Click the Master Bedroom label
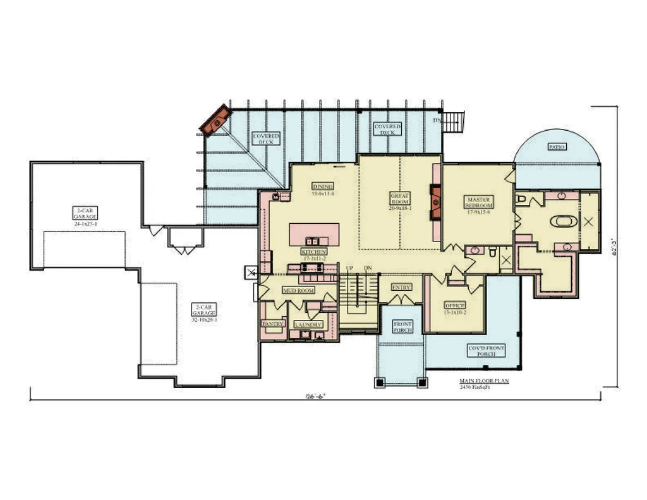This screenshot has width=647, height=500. coord(478,202)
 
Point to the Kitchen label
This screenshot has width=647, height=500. coord(313,252)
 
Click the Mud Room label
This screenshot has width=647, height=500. coord(298,291)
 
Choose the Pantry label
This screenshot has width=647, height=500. coord(272,324)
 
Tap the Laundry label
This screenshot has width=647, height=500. coord(308,324)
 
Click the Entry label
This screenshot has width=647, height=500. coord(401,287)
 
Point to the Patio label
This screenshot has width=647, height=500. coord(557,147)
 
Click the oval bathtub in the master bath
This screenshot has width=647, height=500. coord(561,222)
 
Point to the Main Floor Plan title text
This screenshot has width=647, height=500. coord(484,382)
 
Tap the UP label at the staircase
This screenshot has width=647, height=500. coord(349,269)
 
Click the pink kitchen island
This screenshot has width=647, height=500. coord(314,235)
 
